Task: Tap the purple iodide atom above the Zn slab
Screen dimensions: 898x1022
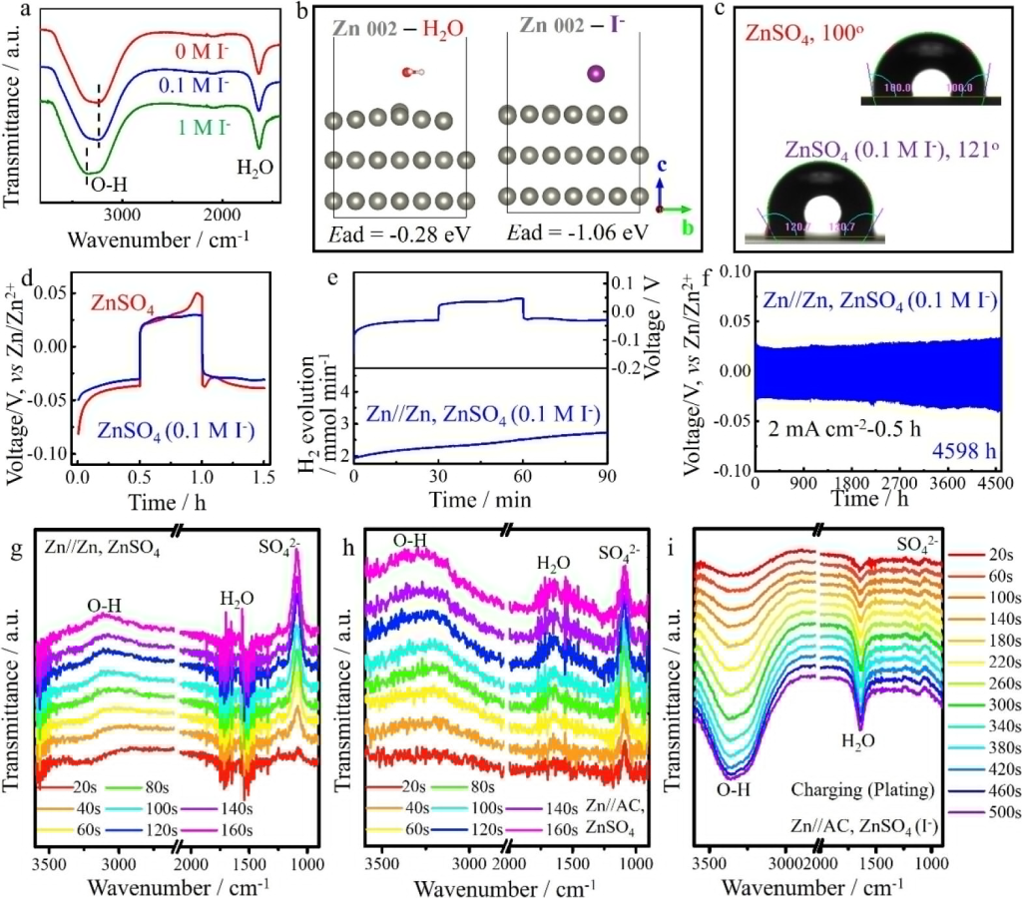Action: tap(596, 73)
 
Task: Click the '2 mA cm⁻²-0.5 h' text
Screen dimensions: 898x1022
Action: tap(834, 425)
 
